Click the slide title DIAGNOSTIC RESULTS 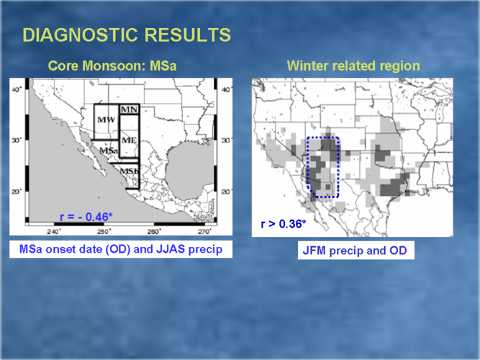[127, 35]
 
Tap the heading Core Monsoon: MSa [112, 66]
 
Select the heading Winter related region [353, 66]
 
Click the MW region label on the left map [107, 120]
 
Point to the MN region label [130, 109]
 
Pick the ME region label [130, 140]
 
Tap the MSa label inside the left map [109, 150]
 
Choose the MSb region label [130, 171]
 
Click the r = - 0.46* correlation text [86, 217]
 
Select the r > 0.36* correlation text [283, 224]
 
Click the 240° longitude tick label [54, 231]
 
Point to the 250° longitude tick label [104, 231]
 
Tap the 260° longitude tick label [154, 231]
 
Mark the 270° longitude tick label [204, 231]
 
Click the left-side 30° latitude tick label [17, 140]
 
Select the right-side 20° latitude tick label [226, 192]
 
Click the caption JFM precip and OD [355, 251]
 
